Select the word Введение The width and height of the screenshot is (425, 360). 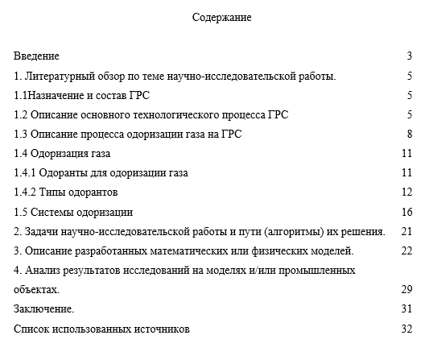tap(37, 56)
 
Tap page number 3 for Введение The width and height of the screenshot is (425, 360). tap(410, 56)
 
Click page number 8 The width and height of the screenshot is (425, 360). tap(410, 134)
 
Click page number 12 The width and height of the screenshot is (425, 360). tap(406, 192)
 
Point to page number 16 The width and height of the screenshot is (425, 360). tap(406, 212)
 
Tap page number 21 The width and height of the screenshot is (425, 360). tap(406, 231)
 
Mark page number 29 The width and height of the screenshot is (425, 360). tap(406, 289)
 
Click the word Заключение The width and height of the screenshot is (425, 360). tap(44, 308)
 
